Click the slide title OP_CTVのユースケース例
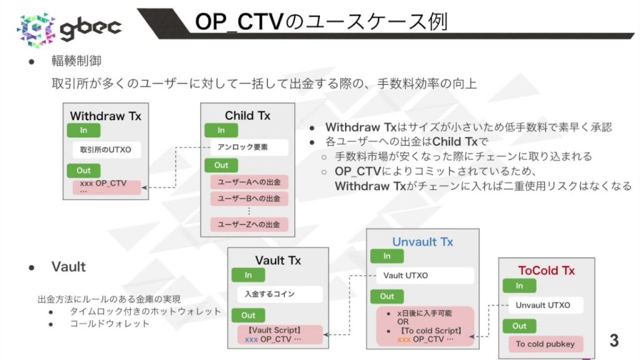[321, 21]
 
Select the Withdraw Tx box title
[106, 116]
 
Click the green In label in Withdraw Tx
[83, 131]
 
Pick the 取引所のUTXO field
[106, 150]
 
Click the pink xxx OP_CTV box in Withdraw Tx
[106, 186]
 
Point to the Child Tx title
[248, 116]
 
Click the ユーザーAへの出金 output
[249, 182]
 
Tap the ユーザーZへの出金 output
[249, 224]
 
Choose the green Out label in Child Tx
[221, 165]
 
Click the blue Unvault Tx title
[422, 242]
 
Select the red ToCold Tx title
[546, 271]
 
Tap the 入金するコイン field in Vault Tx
[278, 294]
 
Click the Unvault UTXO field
[542, 305]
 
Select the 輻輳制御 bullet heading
[76, 61]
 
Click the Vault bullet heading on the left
[69, 267]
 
